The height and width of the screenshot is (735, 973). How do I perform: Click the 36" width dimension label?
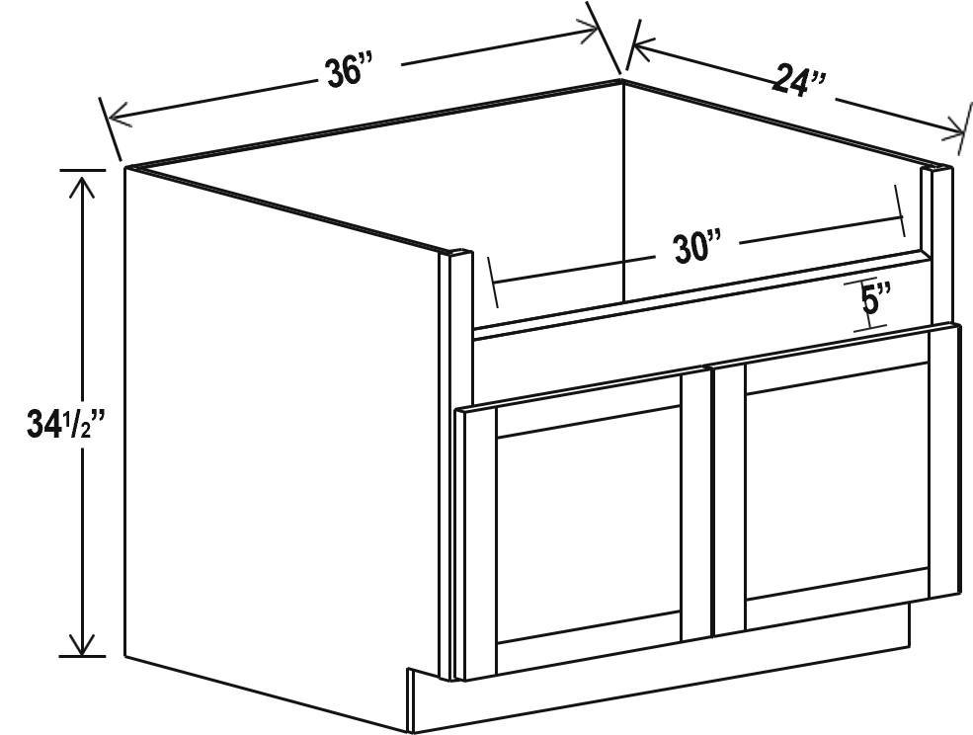coord(350,69)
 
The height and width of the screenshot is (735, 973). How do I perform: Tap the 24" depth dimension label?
coord(800,81)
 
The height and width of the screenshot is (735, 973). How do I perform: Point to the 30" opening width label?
coord(698,247)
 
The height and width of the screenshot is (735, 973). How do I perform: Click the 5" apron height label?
coord(876,300)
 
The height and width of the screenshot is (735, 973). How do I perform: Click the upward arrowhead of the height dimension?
coord(81,188)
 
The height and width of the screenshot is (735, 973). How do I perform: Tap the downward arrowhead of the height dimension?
coord(81,642)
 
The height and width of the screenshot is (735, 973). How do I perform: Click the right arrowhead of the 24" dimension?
coord(952,128)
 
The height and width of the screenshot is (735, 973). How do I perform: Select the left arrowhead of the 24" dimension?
coord(642,49)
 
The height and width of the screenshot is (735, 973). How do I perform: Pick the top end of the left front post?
coord(456,253)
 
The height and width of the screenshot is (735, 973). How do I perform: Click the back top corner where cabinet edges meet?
coord(621,81)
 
